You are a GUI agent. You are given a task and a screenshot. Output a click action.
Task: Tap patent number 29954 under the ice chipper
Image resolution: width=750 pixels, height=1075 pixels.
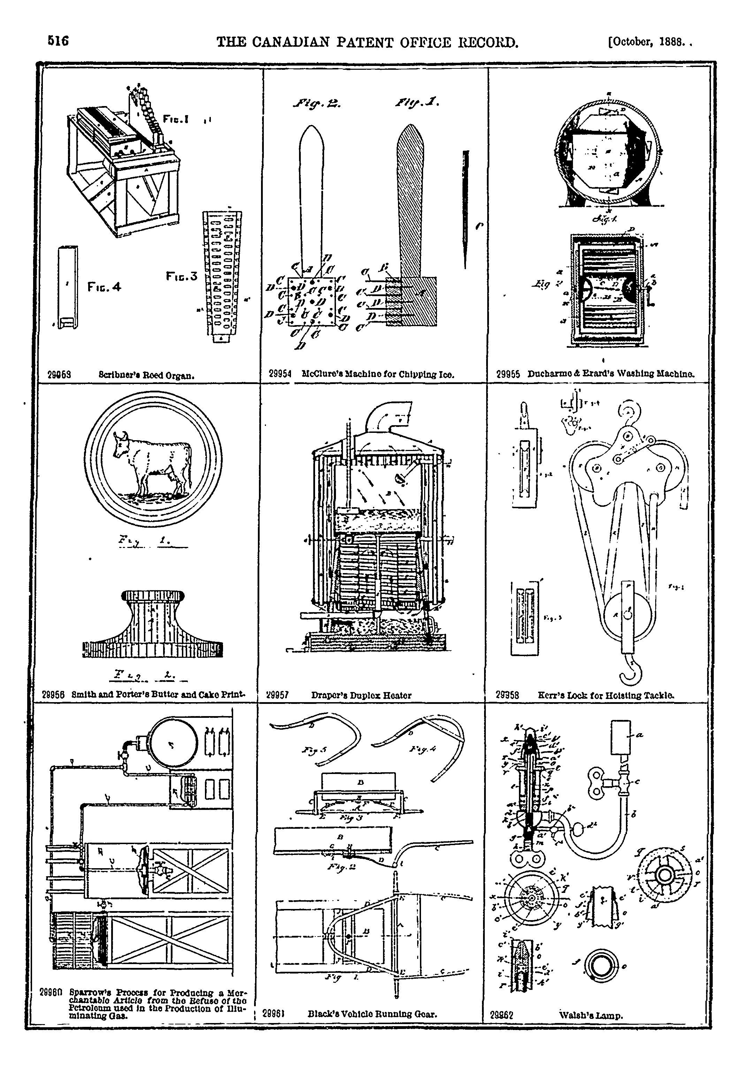280,374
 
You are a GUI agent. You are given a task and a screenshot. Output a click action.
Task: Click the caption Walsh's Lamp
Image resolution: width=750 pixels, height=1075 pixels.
591,1016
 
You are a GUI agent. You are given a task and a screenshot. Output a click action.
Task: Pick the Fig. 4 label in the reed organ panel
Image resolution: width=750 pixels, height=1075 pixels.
104,287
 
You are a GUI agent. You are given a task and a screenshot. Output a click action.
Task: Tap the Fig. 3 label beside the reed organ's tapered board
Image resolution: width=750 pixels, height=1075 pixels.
182,276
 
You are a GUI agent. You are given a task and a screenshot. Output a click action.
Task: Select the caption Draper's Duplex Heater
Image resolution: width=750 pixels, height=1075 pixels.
361,695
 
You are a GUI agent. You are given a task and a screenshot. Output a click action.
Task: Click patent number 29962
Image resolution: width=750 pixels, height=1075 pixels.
502,1016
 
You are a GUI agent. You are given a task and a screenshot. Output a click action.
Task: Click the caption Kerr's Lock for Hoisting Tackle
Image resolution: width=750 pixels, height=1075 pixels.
606,695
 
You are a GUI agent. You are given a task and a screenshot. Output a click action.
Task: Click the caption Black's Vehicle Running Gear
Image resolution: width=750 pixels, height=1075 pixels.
373,1014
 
